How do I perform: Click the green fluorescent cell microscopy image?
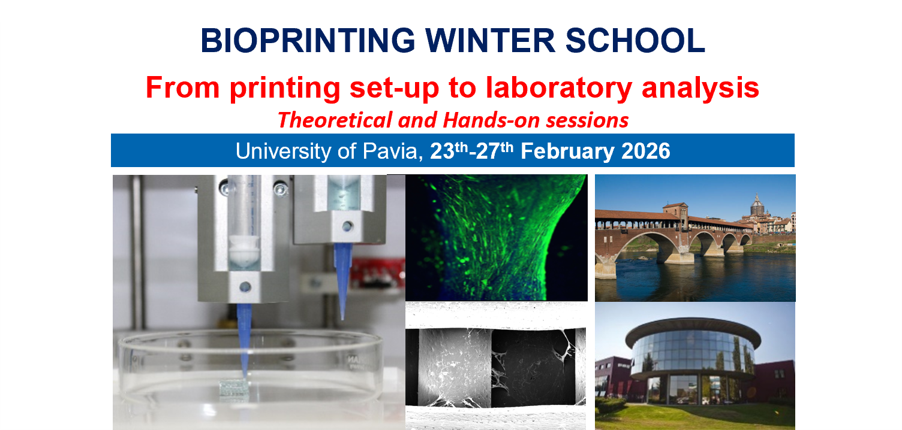[496, 237]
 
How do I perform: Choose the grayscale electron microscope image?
[496, 365]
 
